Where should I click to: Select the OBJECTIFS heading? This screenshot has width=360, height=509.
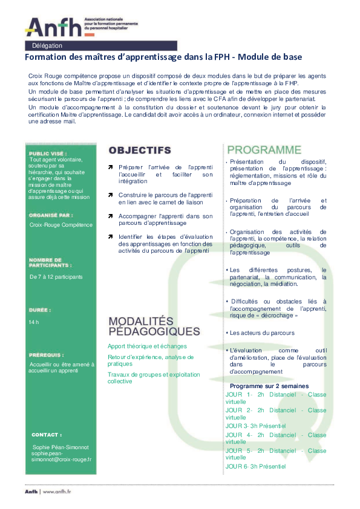[139, 150]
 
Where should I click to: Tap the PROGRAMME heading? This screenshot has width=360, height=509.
[264, 150]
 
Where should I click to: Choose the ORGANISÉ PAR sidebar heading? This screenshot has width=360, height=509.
[51, 215]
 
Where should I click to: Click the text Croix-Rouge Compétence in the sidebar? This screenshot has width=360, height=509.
[61, 225]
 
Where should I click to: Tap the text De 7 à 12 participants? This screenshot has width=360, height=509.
[56, 277]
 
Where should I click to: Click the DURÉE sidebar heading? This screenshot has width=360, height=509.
[39, 310]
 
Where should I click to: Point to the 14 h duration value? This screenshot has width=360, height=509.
[34, 322]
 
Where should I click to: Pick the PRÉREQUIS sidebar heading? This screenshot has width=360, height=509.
[46, 355]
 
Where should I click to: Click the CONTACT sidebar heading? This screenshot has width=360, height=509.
[47, 435]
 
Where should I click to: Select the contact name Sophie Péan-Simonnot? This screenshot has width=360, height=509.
[61, 447]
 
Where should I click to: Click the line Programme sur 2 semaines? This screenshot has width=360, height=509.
[269, 386]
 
